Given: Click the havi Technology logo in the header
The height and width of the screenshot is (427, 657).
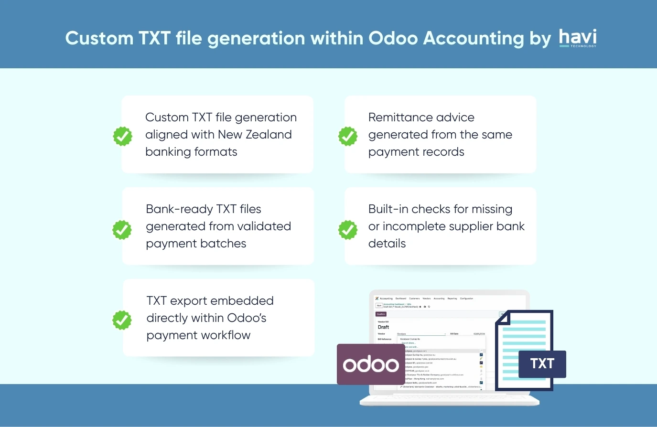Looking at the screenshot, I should pos(578,38).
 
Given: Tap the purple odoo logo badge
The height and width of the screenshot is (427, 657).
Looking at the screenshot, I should pos(371,364).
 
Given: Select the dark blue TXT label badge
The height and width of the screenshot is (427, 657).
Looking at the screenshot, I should pos(542,364).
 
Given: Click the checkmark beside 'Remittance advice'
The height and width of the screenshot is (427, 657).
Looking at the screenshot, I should pos(348,136).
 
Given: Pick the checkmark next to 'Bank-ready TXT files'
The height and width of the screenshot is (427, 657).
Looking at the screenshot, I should pos(122,230).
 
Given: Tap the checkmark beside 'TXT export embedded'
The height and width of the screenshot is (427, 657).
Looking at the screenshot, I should pos(122,320).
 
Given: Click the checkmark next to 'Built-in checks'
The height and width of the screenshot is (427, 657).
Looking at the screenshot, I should pos(348,230).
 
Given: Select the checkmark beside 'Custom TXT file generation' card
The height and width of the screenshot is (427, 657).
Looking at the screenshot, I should pos(122,136).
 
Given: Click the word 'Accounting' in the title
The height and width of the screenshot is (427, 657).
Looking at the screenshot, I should pos(474,38).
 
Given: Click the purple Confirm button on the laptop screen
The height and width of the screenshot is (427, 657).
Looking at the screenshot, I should pos(381,314).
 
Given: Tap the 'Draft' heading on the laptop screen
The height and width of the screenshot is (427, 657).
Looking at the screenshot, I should pos(383,327).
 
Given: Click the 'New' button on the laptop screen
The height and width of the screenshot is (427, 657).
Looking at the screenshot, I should pos(379,306).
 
